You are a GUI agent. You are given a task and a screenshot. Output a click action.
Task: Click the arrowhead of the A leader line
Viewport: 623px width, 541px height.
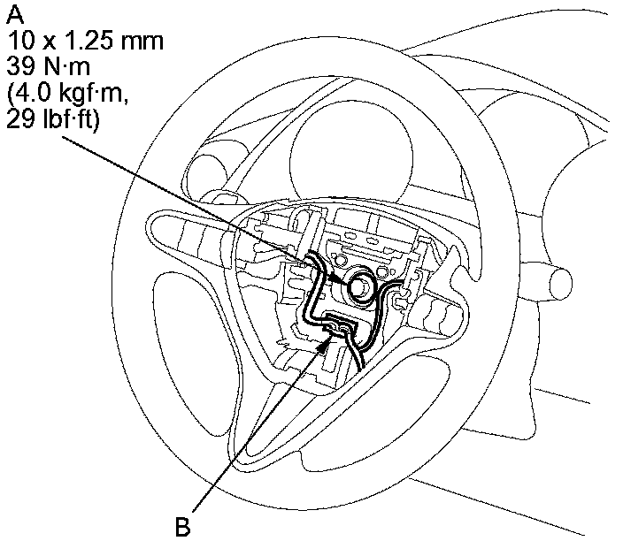[x=345, y=279]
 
